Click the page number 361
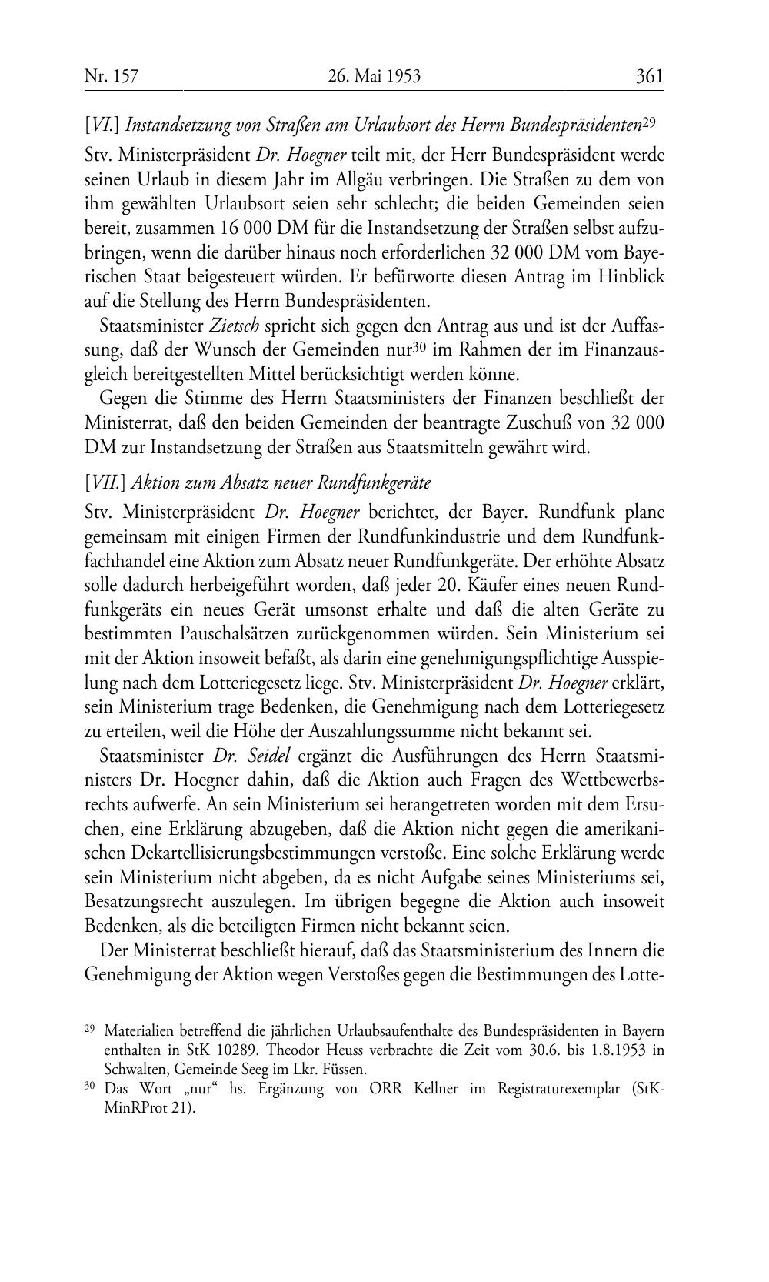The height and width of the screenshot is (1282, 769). click(649, 76)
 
